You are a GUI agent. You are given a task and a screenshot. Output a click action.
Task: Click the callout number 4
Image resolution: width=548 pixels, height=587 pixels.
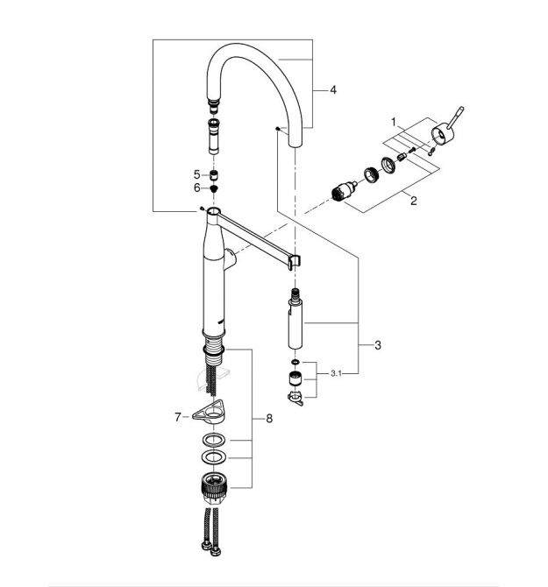[x=333, y=90]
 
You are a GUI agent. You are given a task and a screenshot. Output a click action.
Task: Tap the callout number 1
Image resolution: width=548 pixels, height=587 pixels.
[x=394, y=122]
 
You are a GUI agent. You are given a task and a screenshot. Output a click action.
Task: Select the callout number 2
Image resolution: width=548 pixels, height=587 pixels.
[x=413, y=201]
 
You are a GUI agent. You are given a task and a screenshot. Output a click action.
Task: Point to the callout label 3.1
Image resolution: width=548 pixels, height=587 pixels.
[x=336, y=373]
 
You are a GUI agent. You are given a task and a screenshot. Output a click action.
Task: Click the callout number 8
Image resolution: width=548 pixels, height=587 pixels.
[x=269, y=418]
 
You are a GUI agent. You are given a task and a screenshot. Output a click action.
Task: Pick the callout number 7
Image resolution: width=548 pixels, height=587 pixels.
[x=177, y=417]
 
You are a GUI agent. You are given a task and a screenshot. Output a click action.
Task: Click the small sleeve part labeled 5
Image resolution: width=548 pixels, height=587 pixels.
[x=214, y=175]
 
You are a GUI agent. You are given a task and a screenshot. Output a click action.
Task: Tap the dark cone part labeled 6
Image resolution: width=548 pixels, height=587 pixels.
[x=214, y=187]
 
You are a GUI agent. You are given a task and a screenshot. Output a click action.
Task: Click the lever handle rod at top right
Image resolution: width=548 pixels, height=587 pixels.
[x=457, y=116]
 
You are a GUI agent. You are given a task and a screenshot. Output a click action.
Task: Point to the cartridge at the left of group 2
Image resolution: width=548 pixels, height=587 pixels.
[x=345, y=191]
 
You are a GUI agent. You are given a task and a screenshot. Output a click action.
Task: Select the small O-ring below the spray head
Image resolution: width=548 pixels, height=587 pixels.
[x=295, y=362]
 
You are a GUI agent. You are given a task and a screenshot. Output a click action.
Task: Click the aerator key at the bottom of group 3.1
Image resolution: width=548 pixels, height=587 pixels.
[x=295, y=398]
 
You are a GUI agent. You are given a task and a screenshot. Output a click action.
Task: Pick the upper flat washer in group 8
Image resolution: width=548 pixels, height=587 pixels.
[x=214, y=440]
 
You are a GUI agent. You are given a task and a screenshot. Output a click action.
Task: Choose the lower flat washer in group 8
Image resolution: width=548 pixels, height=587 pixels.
[x=214, y=456]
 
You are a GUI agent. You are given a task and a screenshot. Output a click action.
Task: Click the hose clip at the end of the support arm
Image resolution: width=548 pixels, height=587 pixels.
[x=295, y=262]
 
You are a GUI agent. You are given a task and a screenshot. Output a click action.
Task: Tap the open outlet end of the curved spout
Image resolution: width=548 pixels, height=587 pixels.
[x=295, y=144]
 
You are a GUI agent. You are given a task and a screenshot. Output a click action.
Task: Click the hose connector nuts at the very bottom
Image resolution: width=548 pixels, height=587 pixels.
[x=211, y=548]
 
